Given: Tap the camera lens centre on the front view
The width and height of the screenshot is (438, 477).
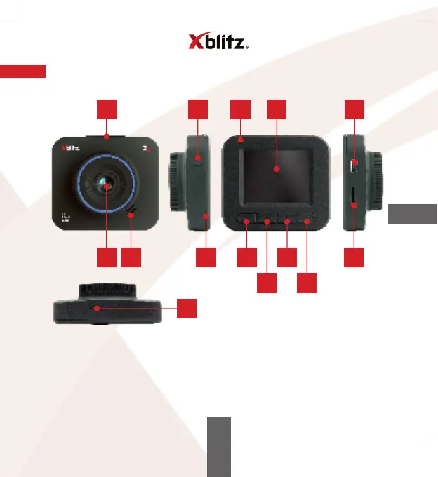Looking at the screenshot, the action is (105, 185).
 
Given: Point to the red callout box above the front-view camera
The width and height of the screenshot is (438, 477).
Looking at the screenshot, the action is (106, 109).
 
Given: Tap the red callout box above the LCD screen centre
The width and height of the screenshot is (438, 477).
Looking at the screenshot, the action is (277, 109).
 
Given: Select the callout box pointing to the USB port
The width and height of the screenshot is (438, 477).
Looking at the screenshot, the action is (354, 109).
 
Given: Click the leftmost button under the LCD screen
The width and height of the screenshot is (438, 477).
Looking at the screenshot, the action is (247, 222).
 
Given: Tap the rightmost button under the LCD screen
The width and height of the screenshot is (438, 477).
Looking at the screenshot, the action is (307, 221).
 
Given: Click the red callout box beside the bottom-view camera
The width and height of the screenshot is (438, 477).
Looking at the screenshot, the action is (186, 309).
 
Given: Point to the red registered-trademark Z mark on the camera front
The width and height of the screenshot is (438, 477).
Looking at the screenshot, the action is (145, 149).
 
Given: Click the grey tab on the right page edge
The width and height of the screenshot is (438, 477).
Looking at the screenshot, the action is (412, 215).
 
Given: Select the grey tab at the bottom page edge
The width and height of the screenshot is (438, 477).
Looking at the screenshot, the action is (219, 447).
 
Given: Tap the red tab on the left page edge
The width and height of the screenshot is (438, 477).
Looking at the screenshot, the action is (22, 72).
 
